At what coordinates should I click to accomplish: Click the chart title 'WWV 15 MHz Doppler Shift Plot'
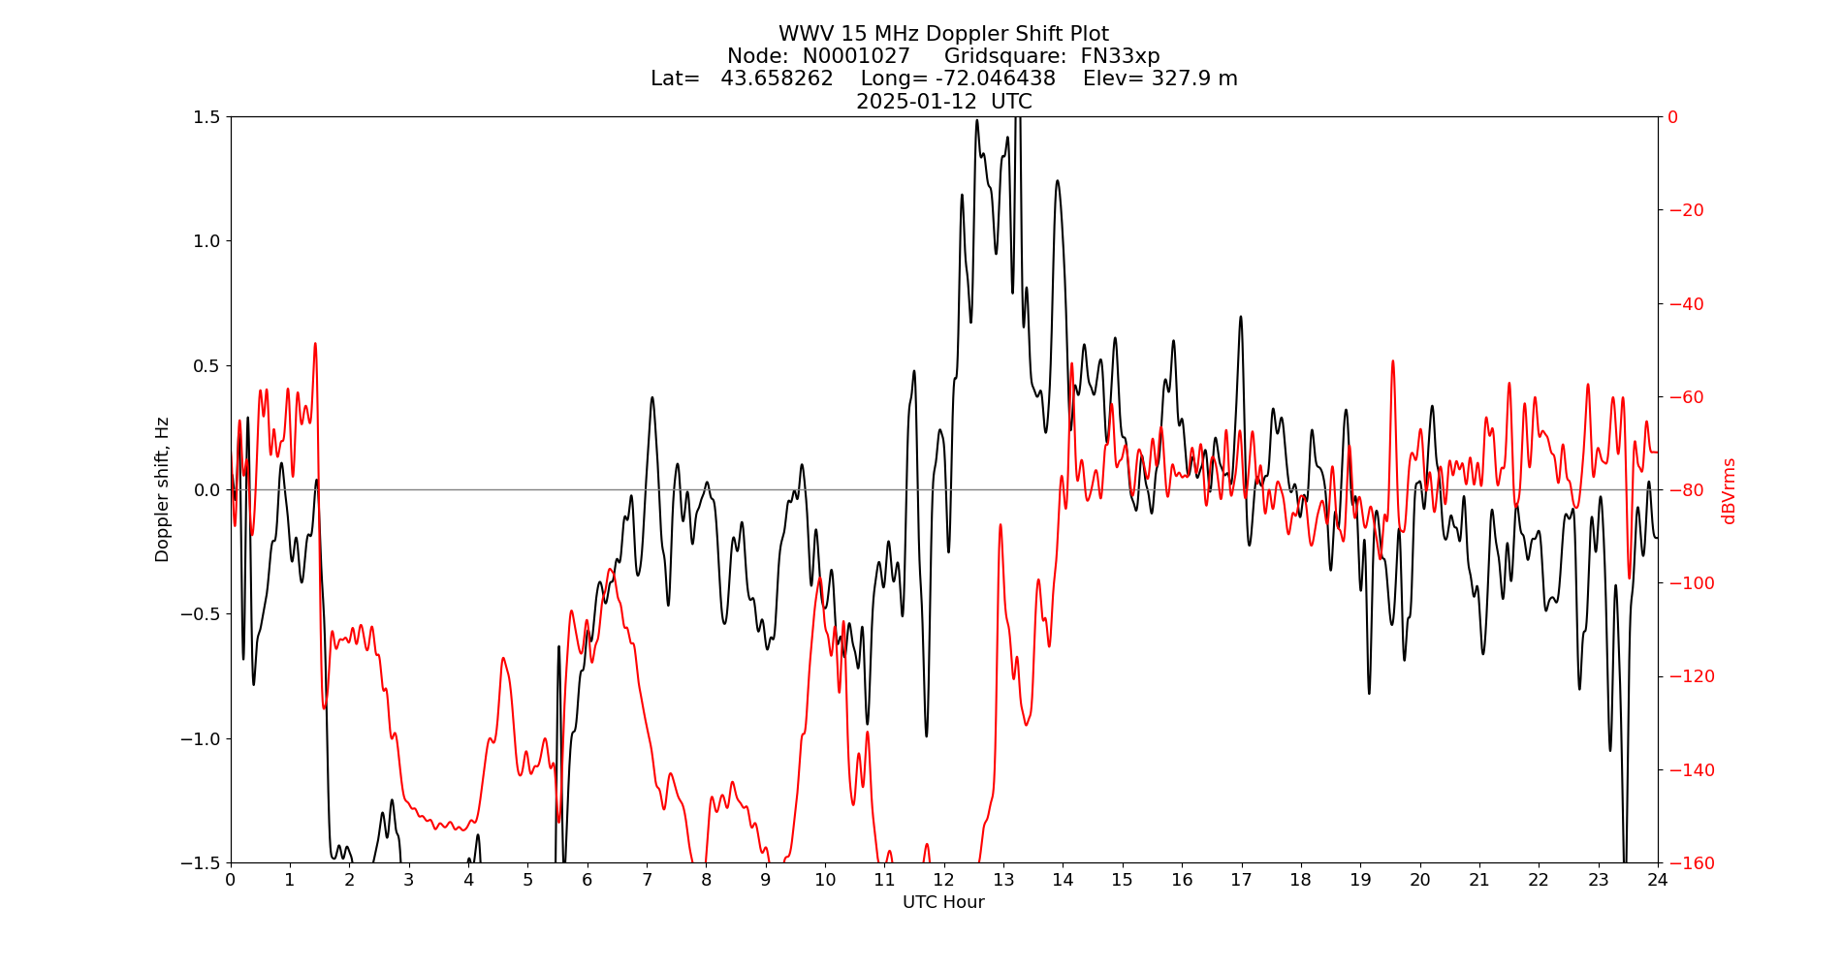(943, 35)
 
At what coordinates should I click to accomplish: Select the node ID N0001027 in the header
(856, 57)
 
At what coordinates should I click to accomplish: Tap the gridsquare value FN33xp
(1120, 57)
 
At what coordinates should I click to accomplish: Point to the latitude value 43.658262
(777, 79)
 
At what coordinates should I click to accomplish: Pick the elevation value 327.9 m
(1193, 79)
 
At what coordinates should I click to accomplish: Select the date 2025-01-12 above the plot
(916, 102)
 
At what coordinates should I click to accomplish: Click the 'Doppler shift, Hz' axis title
(163, 489)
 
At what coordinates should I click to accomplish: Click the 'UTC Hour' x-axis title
(943, 903)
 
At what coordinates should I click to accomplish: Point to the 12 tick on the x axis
(944, 880)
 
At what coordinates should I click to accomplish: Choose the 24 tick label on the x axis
(1658, 880)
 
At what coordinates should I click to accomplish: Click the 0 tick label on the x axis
(231, 880)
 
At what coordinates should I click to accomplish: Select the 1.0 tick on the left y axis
(207, 241)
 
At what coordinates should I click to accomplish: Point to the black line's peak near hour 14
(1057, 180)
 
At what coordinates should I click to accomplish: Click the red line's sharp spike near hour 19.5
(1393, 361)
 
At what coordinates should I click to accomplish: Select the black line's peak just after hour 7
(652, 397)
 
